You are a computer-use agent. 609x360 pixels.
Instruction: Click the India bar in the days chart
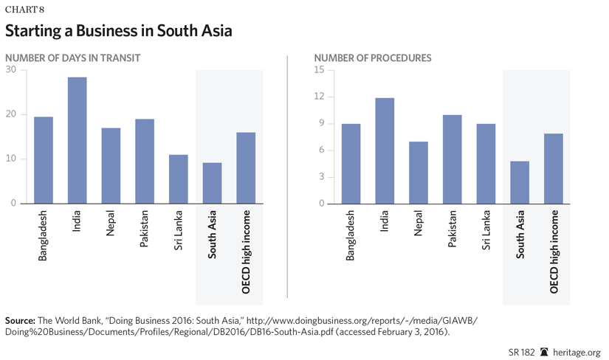coord(77,140)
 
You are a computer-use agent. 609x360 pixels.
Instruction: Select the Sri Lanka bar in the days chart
coord(179,179)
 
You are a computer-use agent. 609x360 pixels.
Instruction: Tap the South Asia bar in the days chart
coord(212,183)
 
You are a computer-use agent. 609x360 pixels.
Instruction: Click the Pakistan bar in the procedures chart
coord(452,159)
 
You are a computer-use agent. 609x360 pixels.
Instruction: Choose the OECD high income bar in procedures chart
coord(554,168)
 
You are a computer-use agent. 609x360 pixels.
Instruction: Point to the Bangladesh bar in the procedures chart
coord(351,164)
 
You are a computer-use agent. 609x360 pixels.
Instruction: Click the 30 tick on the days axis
coord(10,70)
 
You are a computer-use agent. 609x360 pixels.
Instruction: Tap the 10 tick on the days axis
coord(10,159)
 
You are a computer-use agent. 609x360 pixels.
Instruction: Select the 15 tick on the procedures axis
coord(319,70)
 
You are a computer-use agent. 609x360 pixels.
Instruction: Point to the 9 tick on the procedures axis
coord(321,124)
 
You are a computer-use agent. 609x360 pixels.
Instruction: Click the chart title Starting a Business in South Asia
coord(118,32)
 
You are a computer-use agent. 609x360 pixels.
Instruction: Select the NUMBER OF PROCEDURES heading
coord(373,58)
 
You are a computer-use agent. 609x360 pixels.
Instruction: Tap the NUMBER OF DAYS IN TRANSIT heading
coord(72,58)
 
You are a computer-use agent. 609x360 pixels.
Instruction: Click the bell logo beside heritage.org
coord(545,352)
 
